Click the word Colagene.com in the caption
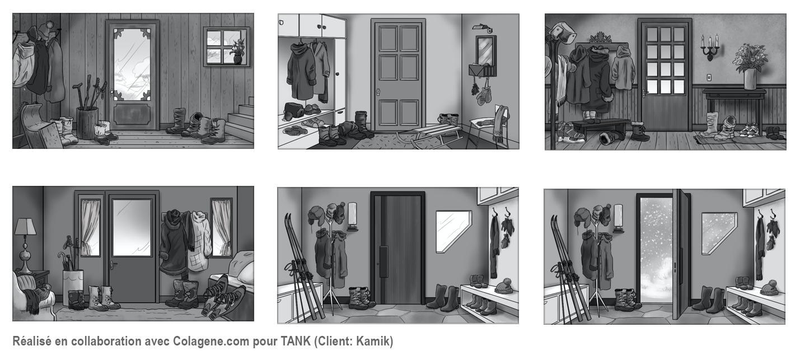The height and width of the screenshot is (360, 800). pyautogui.click(x=210, y=342)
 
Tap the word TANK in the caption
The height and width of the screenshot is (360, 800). pyautogui.click(x=296, y=341)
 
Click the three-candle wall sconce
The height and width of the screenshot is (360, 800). pyautogui.click(x=710, y=47)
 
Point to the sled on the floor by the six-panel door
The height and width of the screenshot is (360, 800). pyautogui.click(x=429, y=134)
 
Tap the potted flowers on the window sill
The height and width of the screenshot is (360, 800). pyautogui.click(x=237, y=52)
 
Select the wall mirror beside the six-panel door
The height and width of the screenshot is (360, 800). pyautogui.click(x=486, y=49)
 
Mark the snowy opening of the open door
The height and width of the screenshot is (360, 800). pyautogui.click(x=657, y=250)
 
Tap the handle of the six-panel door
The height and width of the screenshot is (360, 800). pyautogui.click(x=378, y=92)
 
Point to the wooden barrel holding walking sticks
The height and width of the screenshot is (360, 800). pyautogui.click(x=87, y=123)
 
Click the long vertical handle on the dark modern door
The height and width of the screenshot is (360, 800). pyautogui.click(x=383, y=261)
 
